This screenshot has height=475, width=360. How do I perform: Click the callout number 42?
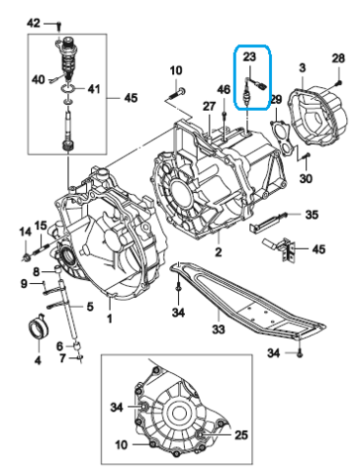pyautogui.click(x=34, y=22)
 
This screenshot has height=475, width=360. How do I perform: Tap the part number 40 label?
pyautogui.click(x=40, y=80)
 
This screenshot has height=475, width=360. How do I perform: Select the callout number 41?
pyautogui.click(x=95, y=90)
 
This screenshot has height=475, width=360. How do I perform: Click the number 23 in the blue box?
pyautogui.click(x=249, y=58)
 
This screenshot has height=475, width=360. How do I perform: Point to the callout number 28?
pyautogui.click(x=337, y=60)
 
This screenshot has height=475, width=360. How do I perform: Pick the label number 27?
pyautogui.click(x=209, y=106)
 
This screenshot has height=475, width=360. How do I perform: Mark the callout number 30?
pyautogui.click(x=306, y=178)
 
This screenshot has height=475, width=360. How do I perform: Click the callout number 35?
pyautogui.click(x=311, y=215)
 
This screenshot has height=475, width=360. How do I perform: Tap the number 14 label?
pyautogui.click(x=24, y=232)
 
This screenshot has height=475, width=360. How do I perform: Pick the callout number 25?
pyautogui.click(x=239, y=434)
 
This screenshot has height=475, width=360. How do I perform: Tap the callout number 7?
pyautogui.click(x=63, y=357)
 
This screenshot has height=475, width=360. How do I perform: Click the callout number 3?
pyautogui.click(x=301, y=67)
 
